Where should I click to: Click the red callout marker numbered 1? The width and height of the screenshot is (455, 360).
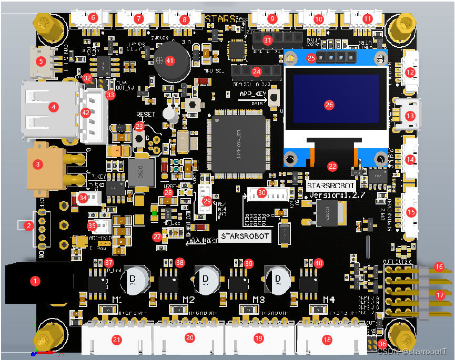[x=35, y=281]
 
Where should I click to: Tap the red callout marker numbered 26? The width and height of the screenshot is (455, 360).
[x=329, y=105]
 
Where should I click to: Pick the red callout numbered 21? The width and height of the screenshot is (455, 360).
[x=117, y=340]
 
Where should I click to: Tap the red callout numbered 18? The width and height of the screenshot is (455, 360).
[x=328, y=340]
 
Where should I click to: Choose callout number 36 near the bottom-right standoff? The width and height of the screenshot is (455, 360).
[x=382, y=344]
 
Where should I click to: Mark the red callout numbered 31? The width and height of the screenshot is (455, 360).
[x=268, y=40]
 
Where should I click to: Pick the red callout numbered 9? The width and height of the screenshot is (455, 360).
[x=272, y=18]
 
